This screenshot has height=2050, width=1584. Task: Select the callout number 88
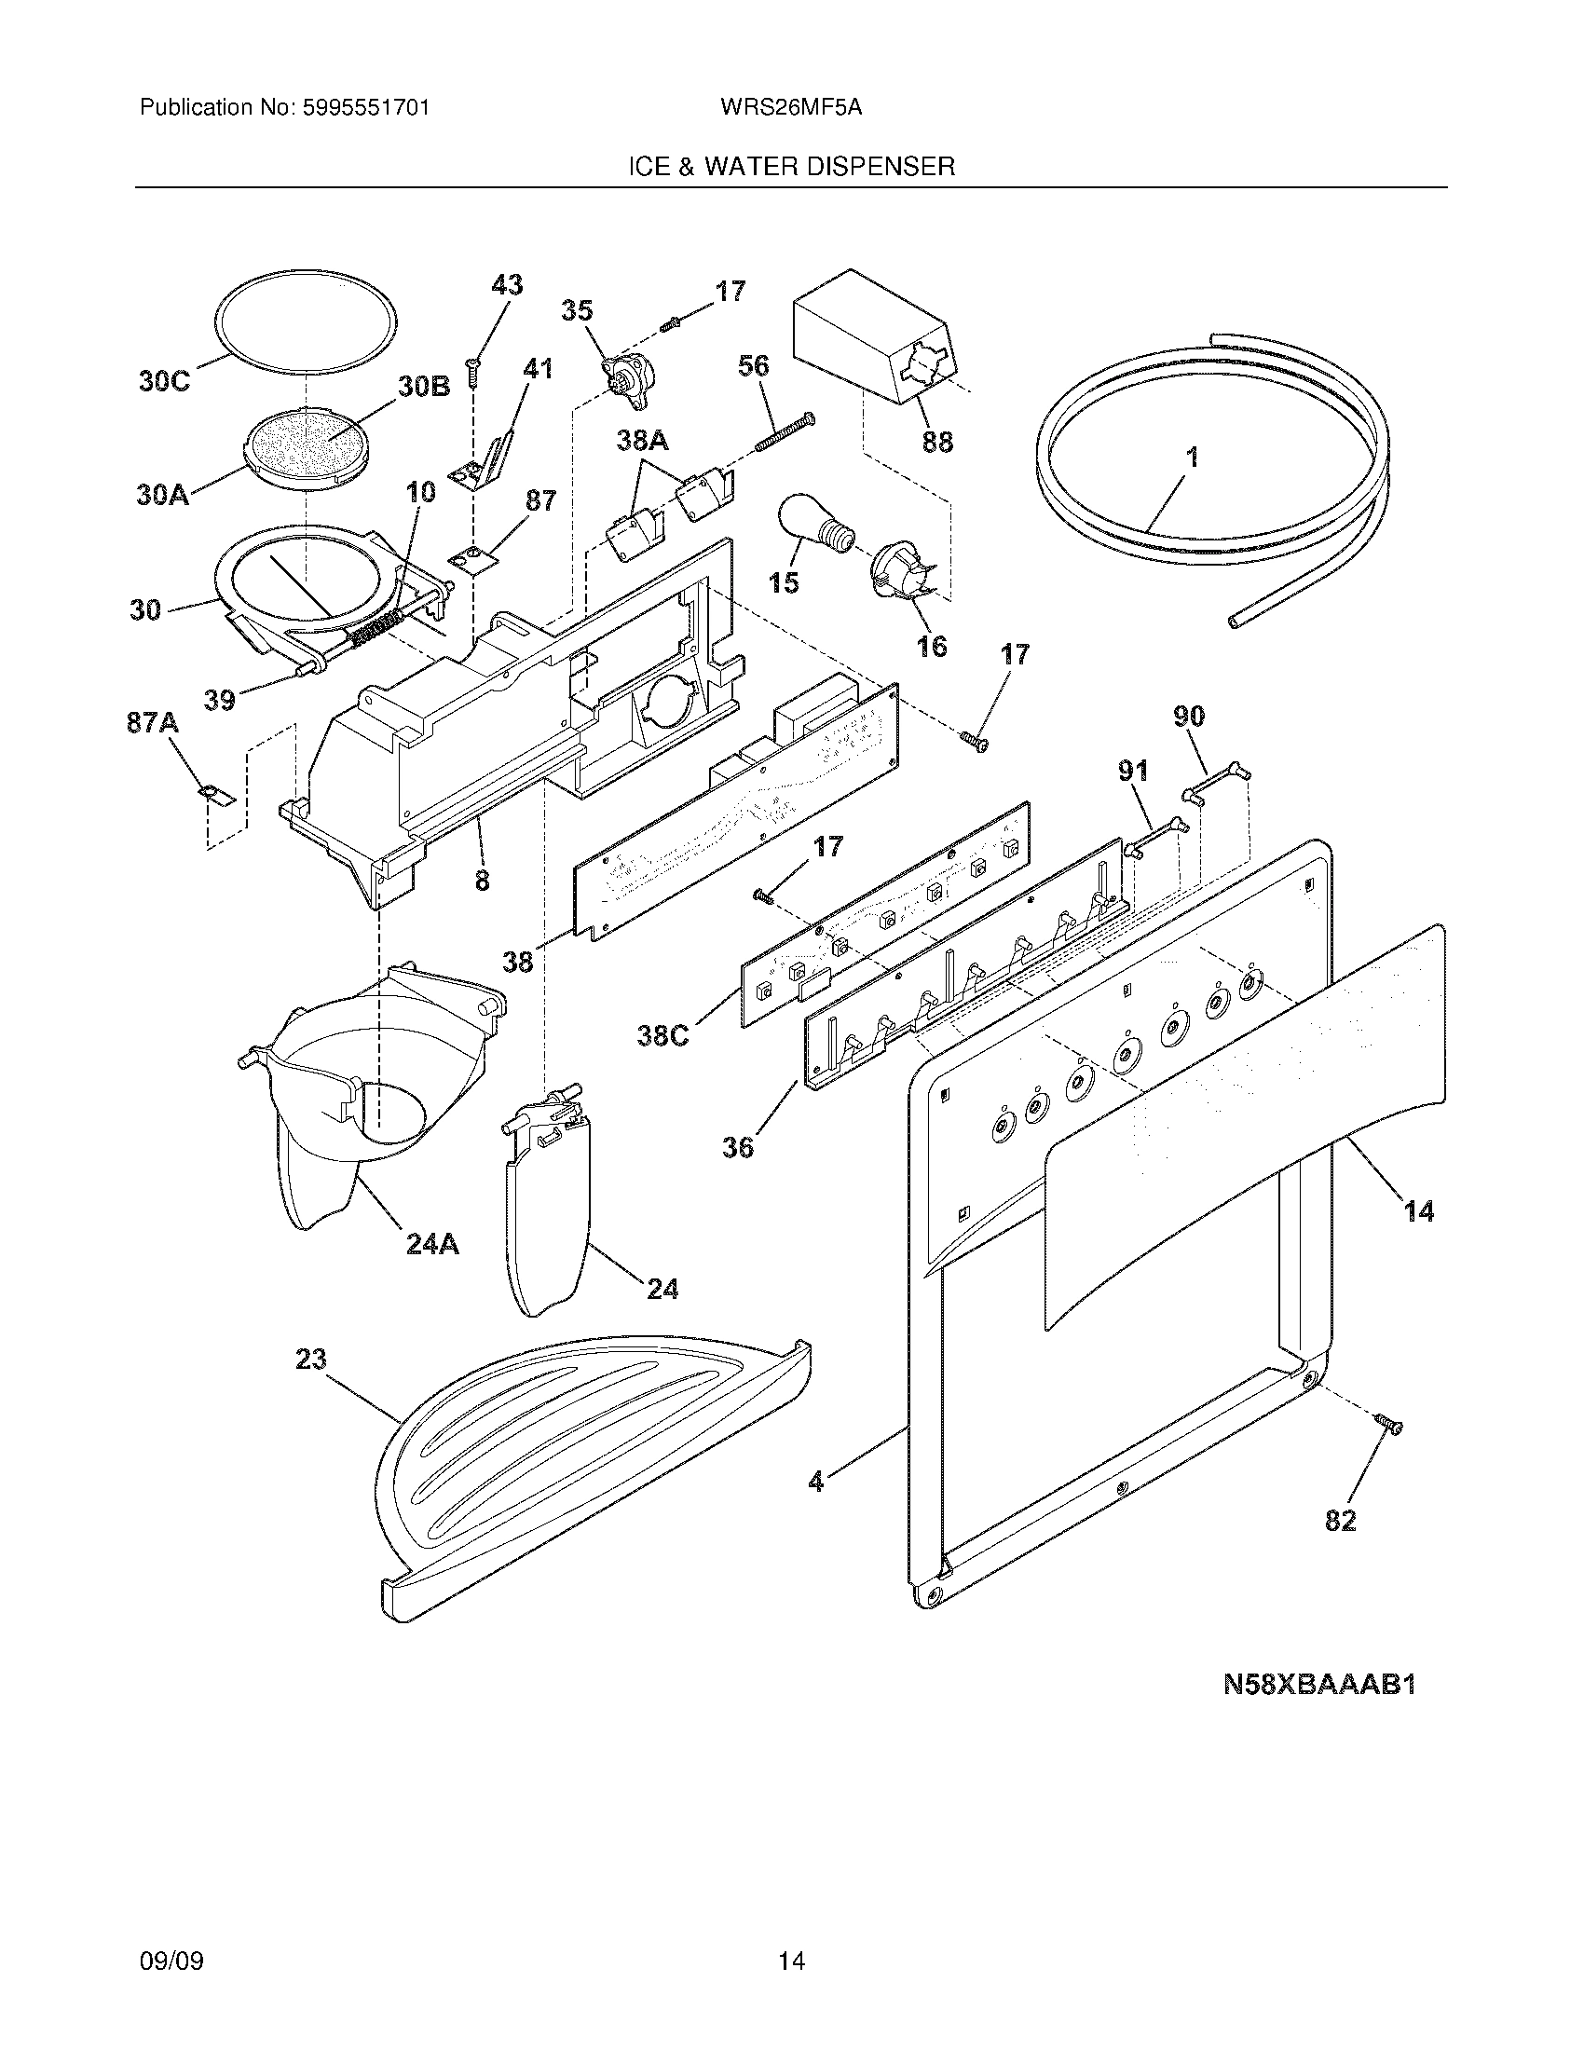tap(936, 440)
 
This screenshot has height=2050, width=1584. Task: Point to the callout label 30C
tap(163, 381)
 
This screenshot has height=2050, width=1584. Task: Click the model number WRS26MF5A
tap(790, 108)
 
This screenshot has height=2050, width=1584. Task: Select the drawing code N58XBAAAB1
tap(1318, 1684)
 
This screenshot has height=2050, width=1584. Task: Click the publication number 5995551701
tap(366, 108)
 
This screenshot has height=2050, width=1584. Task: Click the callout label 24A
tap(431, 1245)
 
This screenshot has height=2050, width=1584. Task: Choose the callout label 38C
tap(662, 1035)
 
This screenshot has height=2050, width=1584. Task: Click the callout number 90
tap(1189, 717)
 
